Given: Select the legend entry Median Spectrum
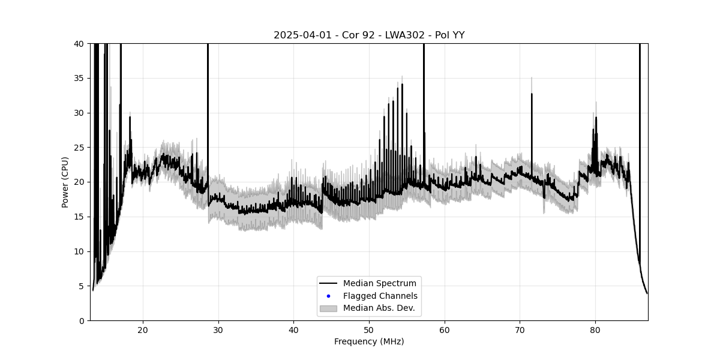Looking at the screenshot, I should coord(379,283).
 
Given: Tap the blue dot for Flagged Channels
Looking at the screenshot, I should coord(328,296).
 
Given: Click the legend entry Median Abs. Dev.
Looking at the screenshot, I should coord(379,308).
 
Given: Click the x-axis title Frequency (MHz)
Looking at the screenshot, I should coord(369,342).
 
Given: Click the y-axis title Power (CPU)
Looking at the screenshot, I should coord(65,182).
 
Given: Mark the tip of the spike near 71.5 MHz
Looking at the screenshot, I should coord(532,94).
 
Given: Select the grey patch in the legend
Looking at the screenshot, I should coord(328,308).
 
